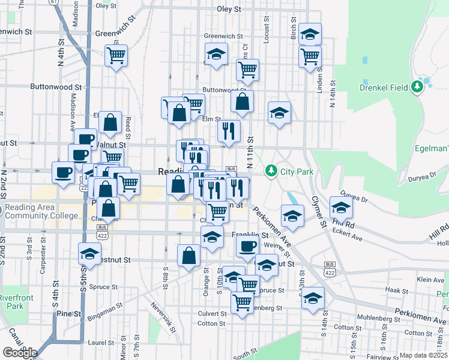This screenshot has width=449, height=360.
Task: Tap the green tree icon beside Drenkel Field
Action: [x=418, y=87]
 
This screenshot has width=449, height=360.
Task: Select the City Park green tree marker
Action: [x=271, y=172]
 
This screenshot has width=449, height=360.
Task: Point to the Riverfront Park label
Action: [x=11, y=302]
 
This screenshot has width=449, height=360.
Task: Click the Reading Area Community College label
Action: [x=41, y=212]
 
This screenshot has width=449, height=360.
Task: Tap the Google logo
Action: [x=19, y=352]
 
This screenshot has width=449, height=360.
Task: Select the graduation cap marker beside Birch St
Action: [x=310, y=35]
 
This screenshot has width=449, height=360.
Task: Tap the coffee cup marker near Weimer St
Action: [x=247, y=245]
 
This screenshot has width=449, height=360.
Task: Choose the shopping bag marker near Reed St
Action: [x=110, y=122]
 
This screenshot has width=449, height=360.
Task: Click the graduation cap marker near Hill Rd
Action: [x=341, y=208]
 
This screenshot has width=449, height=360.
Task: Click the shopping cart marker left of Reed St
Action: [x=116, y=56]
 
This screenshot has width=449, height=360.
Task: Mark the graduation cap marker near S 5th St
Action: [x=89, y=254]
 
